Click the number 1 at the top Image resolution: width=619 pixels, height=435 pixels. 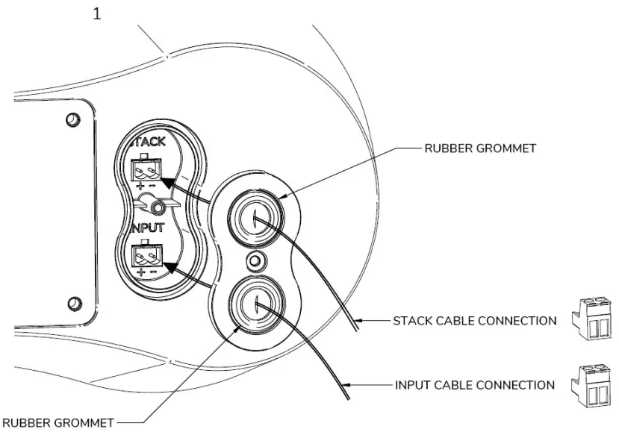pos(96,13)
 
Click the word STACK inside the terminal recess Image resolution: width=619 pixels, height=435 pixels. pos(146,141)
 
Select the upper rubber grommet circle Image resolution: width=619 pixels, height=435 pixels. pos(255,218)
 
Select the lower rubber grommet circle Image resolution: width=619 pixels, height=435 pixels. pos(255,304)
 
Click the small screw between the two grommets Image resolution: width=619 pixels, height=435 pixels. pos(255,261)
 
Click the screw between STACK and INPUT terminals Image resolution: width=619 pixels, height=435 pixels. pos(157,206)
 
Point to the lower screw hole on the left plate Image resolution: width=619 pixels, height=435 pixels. pos(72,302)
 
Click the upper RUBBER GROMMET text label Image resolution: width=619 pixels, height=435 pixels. pos(480,148)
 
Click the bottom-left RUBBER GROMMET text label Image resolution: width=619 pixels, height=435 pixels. pos(57,423)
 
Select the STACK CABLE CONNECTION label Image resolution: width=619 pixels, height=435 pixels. pos(474,321)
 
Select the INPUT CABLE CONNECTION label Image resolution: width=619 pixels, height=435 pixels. pos(474,385)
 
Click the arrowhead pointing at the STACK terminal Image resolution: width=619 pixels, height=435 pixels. pos(169,183)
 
